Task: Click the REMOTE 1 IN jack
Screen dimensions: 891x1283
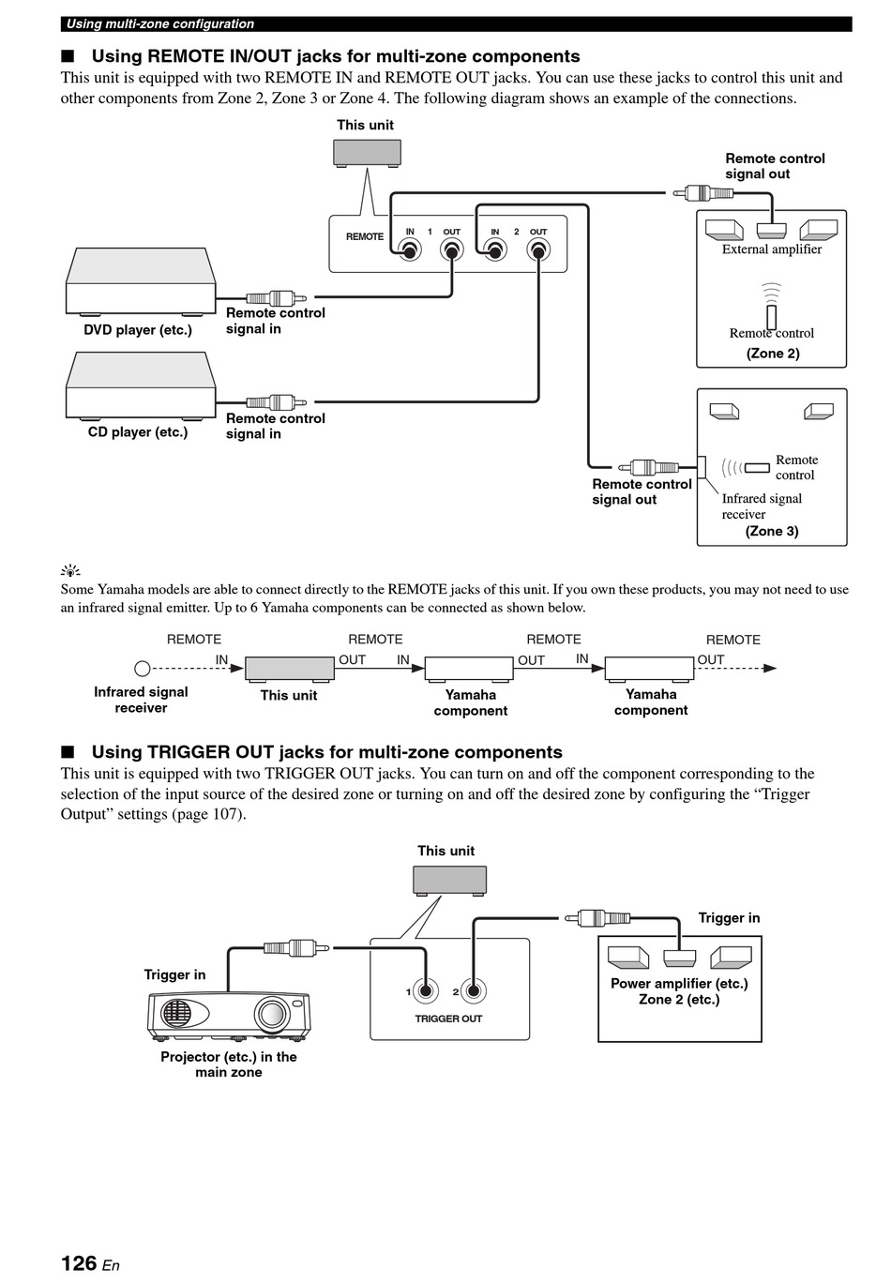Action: [x=410, y=250]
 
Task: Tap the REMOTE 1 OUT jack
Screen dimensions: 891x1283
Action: [x=452, y=250]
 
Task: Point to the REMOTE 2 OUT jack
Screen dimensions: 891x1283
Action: [x=538, y=250]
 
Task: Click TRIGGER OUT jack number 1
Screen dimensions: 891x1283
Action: [x=426, y=991]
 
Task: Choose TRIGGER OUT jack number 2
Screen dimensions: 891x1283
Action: [x=474, y=991]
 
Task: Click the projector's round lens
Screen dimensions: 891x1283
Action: [x=271, y=1013]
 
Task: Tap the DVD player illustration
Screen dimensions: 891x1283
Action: [x=141, y=281]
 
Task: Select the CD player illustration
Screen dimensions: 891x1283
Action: [x=141, y=385]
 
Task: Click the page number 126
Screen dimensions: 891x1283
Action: [x=79, y=1262]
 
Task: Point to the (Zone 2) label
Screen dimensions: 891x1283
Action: [x=773, y=354]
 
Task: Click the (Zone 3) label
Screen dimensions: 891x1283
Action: [x=771, y=531]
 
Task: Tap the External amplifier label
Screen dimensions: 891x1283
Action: [x=771, y=249]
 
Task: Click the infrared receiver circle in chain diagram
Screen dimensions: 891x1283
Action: [x=142, y=668]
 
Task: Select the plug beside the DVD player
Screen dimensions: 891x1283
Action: [x=277, y=298]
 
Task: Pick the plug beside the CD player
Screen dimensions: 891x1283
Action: [x=277, y=402]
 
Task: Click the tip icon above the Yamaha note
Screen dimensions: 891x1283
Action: [x=70, y=570]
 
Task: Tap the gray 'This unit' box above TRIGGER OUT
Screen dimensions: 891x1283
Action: [x=449, y=881]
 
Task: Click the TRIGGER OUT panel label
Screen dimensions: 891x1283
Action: [x=448, y=1019]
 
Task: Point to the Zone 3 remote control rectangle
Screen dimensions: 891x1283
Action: [x=757, y=467]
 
